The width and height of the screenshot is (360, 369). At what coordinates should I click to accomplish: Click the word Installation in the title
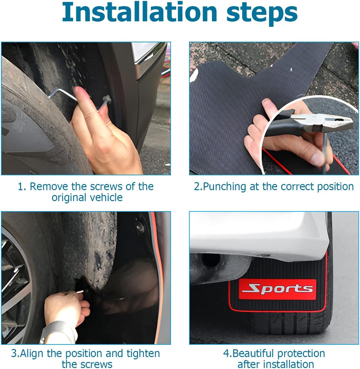pos(139,12)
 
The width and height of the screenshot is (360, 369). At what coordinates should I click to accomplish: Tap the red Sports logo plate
pos(277,290)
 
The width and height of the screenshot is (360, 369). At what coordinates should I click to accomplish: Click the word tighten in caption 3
pos(143,354)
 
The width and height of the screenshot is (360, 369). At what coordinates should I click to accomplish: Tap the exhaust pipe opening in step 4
pos(211,260)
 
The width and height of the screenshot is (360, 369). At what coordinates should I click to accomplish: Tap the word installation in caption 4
pos(290,364)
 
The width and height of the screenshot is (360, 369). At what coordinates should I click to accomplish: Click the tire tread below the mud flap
pos(291,323)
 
